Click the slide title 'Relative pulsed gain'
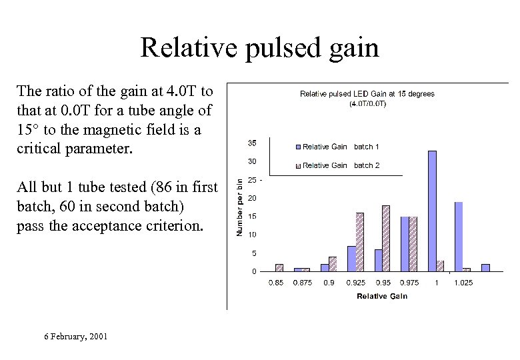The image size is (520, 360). [259, 48]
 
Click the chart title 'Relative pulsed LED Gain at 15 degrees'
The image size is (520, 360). [367, 94]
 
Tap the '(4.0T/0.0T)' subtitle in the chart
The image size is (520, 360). [367, 103]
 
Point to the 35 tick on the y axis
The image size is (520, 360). [252, 143]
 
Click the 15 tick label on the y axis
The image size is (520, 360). [252, 217]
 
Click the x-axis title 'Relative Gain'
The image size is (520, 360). [382, 296]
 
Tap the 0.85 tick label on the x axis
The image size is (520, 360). [275, 283]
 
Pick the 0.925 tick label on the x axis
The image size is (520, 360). [355, 283]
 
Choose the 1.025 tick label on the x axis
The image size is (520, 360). [463, 283]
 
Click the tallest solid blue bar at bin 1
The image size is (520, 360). [432, 211]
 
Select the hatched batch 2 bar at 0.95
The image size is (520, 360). [386, 238]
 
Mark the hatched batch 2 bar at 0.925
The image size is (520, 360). [359, 242]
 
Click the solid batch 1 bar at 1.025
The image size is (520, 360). [459, 236]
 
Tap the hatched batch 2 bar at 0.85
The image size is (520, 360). [279, 267]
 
